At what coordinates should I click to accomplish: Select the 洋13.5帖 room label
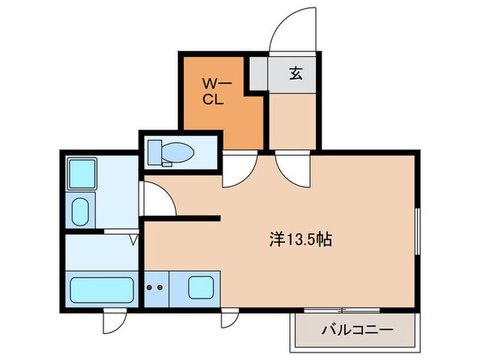300,240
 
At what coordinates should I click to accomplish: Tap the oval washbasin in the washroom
81,211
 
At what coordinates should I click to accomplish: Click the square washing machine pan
82,173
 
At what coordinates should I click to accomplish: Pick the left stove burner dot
149,287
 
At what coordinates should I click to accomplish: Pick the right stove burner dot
160,287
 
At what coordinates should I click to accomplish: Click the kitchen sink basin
202,287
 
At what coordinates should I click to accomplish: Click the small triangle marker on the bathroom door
134,240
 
